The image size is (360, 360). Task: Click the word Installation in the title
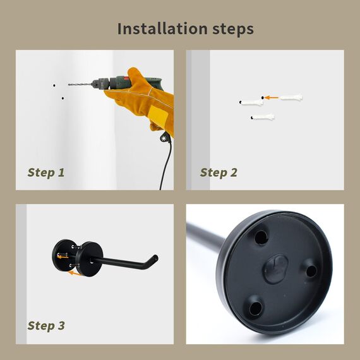point(162,28)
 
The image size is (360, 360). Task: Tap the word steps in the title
point(233,30)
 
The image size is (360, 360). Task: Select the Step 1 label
point(46,172)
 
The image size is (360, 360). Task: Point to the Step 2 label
point(219,172)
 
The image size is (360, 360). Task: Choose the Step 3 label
point(46,325)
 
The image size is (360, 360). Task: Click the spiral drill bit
point(80,84)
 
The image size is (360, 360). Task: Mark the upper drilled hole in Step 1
point(54,85)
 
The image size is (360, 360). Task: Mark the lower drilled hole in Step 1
point(63,99)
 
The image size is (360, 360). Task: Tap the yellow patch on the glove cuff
point(158,117)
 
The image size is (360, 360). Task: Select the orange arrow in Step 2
point(271,98)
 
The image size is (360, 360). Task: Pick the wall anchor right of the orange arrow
point(291,97)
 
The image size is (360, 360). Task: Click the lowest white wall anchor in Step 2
point(263,117)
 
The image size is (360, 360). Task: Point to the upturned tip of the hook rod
point(155,258)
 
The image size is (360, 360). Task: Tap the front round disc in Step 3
point(90,259)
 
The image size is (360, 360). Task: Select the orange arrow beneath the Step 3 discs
point(75,273)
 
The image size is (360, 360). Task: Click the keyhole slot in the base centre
point(276,268)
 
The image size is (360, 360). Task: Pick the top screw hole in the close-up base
point(261,237)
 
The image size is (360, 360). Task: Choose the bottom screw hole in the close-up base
point(255,308)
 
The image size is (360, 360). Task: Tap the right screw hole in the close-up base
point(311,271)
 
